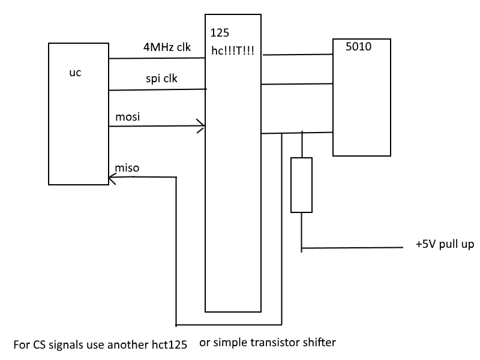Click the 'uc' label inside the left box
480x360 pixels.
pyautogui.click(x=75, y=73)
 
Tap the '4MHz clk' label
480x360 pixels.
pyautogui.click(x=166, y=49)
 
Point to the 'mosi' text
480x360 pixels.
pyautogui.click(x=127, y=116)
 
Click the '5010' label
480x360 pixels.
pyautogui.click(x=359, y=48)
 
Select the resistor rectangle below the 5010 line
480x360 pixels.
pyautogui.click(x=301, y=185)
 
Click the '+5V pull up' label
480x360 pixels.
pyautogui.click(x=445, y=245)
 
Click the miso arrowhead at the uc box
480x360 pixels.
pyautogui.click(x=113, y=177)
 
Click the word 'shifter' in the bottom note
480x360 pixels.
pyautogui.click(x=319, y=343)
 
